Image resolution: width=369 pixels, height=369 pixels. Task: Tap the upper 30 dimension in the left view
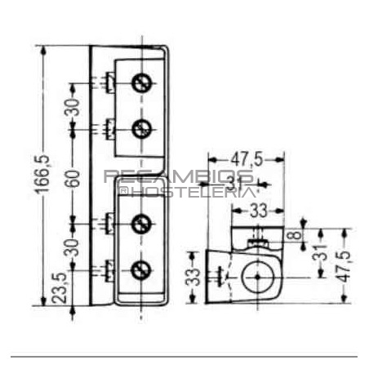tap(73, 106)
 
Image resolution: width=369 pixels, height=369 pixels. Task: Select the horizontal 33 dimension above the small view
tap(259, 211)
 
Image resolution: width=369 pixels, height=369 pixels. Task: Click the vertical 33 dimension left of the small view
tap(193, 277)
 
